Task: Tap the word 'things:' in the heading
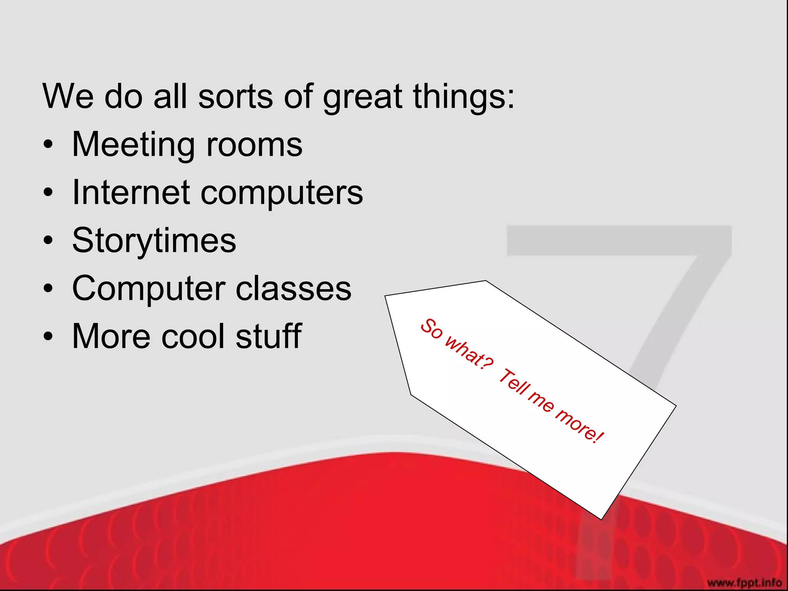464,97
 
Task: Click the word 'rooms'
254,145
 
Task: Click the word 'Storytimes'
154,241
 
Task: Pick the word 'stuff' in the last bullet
269,336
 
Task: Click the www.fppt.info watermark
745,583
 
